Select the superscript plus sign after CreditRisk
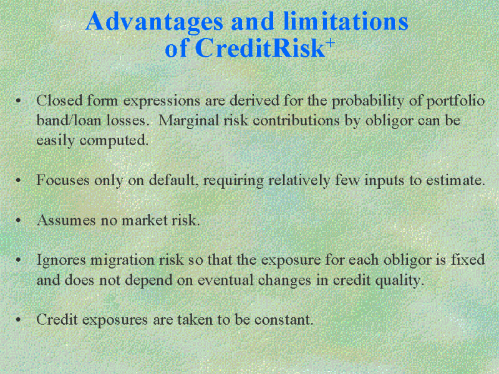coord(331,42)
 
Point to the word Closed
coord(59,100)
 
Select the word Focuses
coord(63,180)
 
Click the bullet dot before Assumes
coord(18,220)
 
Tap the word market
coord(145,220)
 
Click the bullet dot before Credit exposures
coord(18,320)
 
